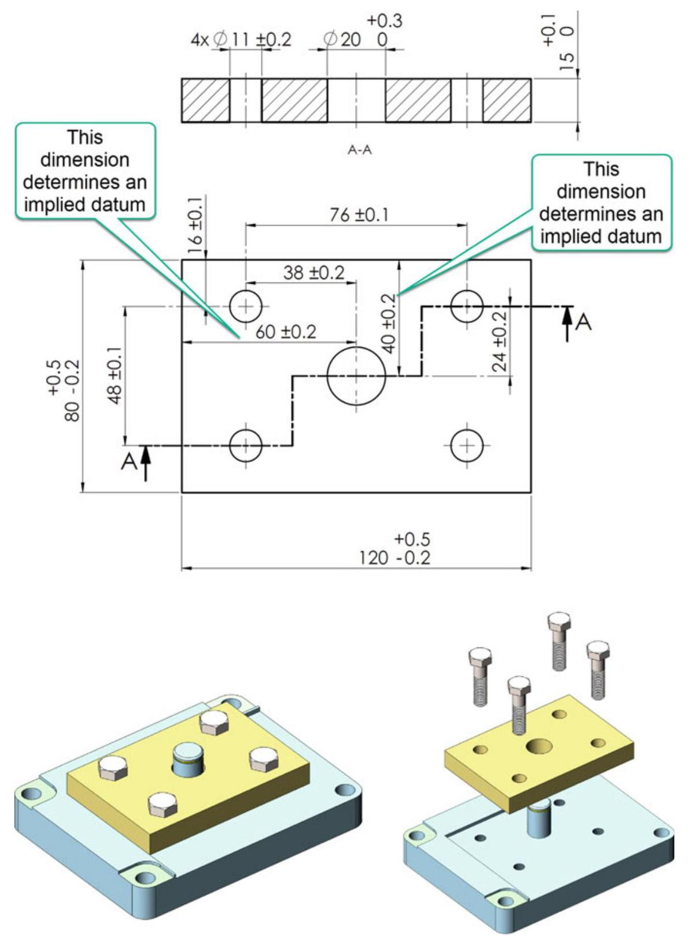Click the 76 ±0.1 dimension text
[359, 215]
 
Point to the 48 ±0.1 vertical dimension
[116, 375]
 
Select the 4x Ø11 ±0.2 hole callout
[241, 39]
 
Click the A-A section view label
[359, 150]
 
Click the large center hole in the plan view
[356, 376]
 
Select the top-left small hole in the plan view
[246, 306]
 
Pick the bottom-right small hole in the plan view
[466, 445]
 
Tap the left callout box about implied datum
[85, 171]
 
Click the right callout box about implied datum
[601, 202]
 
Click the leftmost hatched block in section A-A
[205, 100]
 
